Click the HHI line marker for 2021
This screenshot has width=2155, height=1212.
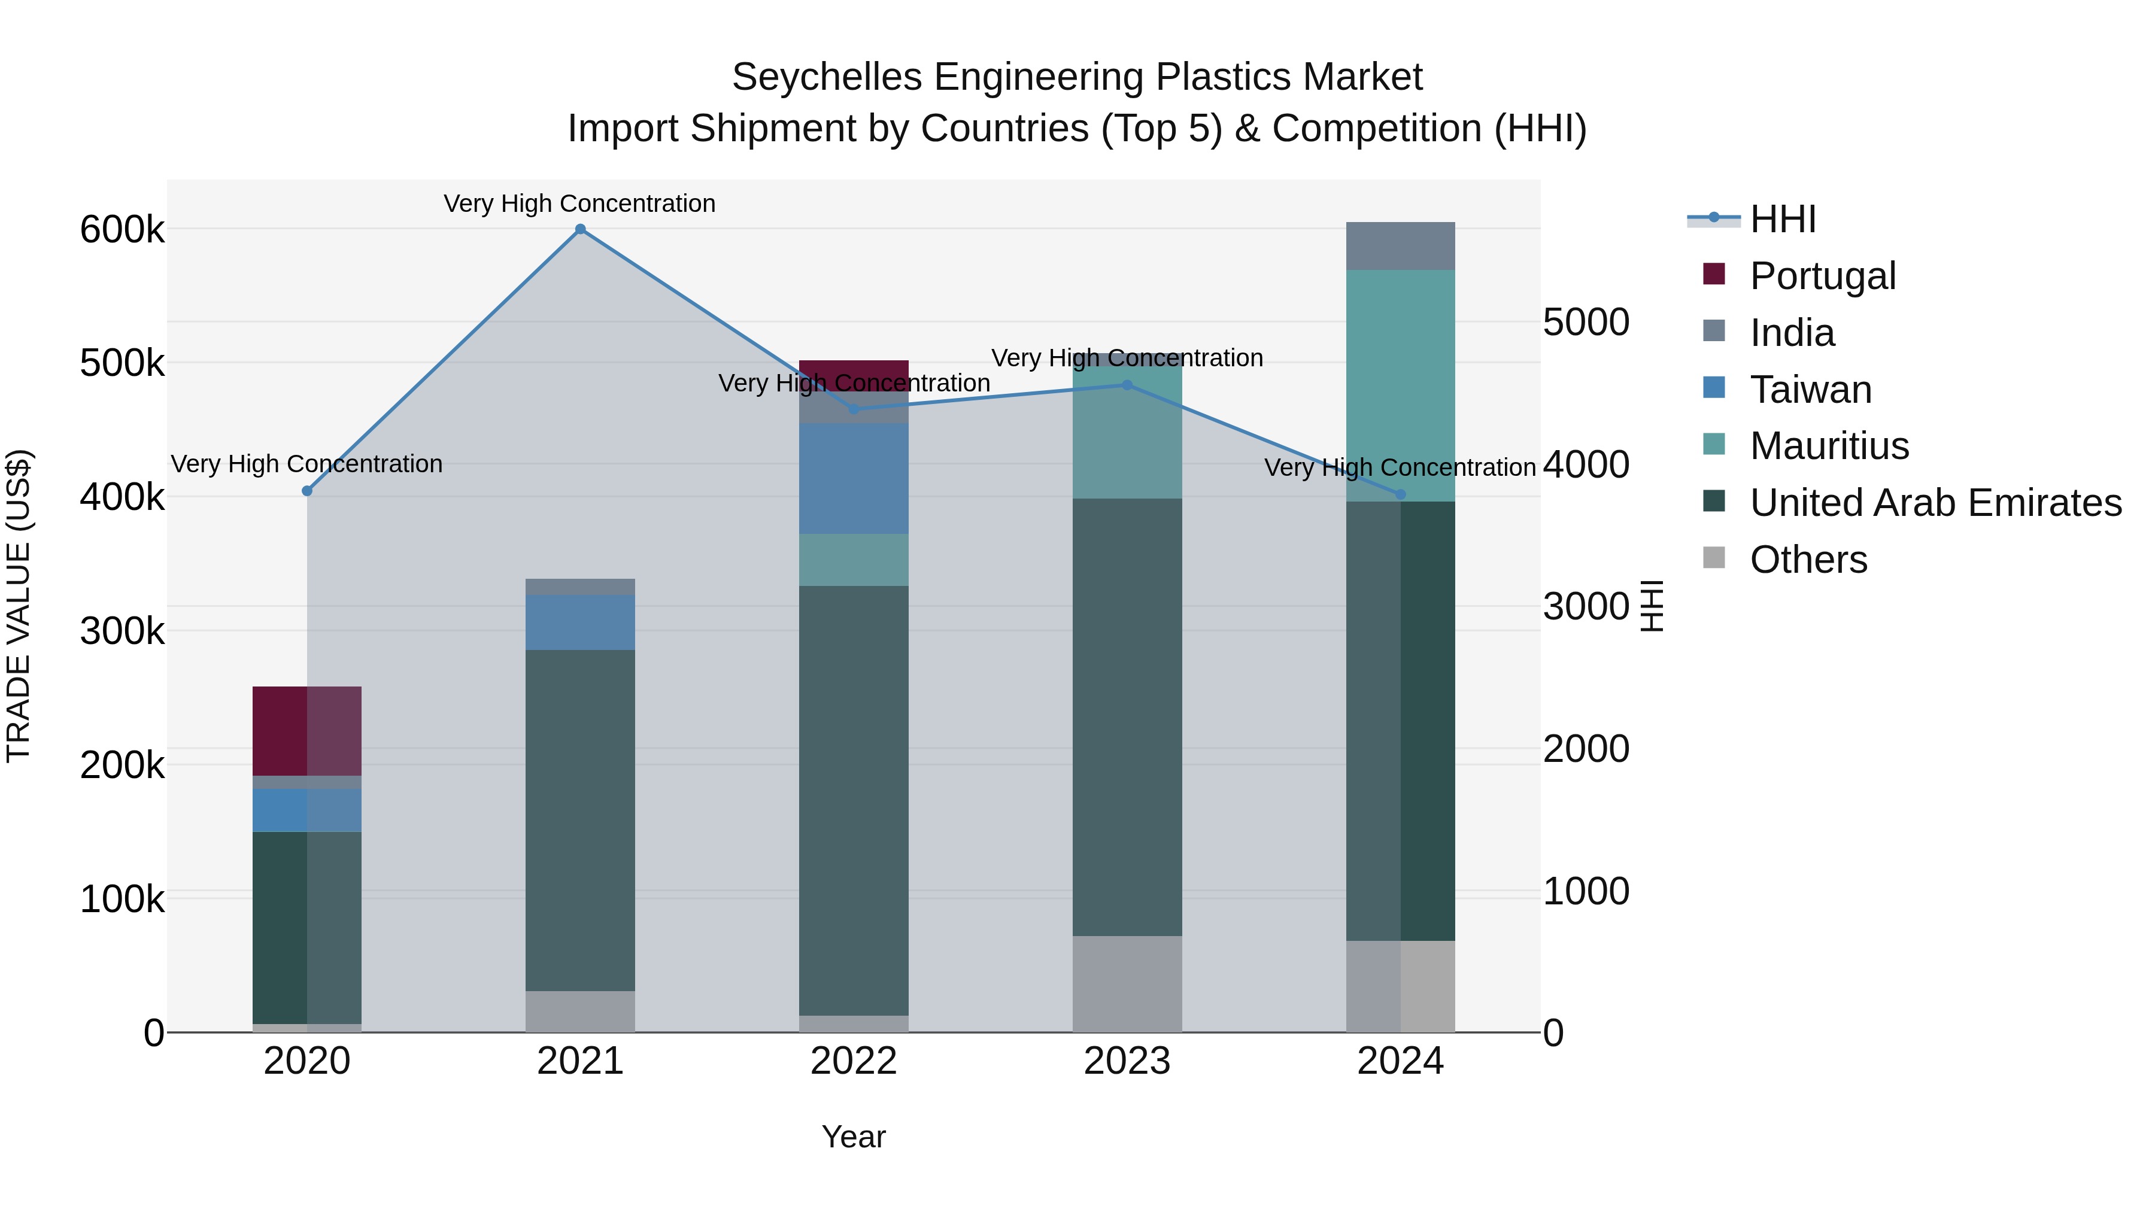point(579,229)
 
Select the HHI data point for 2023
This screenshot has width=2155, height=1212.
point(1127,385)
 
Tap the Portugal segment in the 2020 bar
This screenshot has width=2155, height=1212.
point(307,731)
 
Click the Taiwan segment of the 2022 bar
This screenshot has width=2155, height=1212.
point(853,478)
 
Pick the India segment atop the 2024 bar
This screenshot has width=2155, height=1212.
point(1400,246)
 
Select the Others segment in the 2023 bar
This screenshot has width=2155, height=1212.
point(1127,983)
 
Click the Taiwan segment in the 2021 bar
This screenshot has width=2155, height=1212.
point(579,622)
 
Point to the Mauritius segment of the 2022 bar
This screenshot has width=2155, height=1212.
point(853,560)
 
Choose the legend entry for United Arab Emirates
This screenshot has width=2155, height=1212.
point(1935,503)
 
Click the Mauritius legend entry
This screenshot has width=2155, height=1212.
point(1829,446)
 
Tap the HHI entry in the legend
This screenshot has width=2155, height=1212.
point(1782,219)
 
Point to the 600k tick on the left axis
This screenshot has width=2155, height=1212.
point(122,230)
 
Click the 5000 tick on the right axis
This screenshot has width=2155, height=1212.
point(1585,322)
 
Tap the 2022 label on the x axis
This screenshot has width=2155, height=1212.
point(853,1061)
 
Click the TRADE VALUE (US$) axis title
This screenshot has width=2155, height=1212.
point(19,606)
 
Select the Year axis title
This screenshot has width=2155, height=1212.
point(853,1137)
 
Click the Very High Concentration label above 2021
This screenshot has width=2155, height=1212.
point(579,203)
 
